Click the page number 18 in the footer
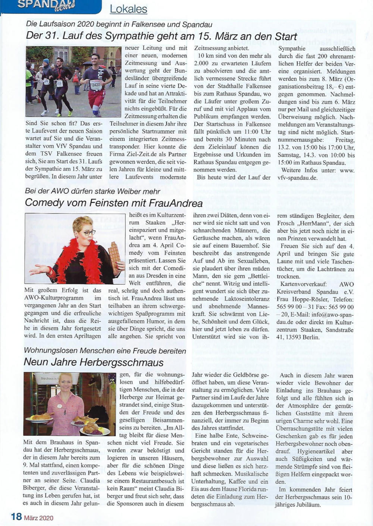pyautogui.click(x=16, y=517)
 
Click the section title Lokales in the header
pyautogui.click(x=128, y=9)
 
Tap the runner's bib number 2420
pyautogui.click(x=96, y=85)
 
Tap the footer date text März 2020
pyautogui.click(x=39, y=518)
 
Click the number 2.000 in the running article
pyautogui.click(x=201, y=63)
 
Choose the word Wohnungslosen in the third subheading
pyautogui.click(x=51, y=351)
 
